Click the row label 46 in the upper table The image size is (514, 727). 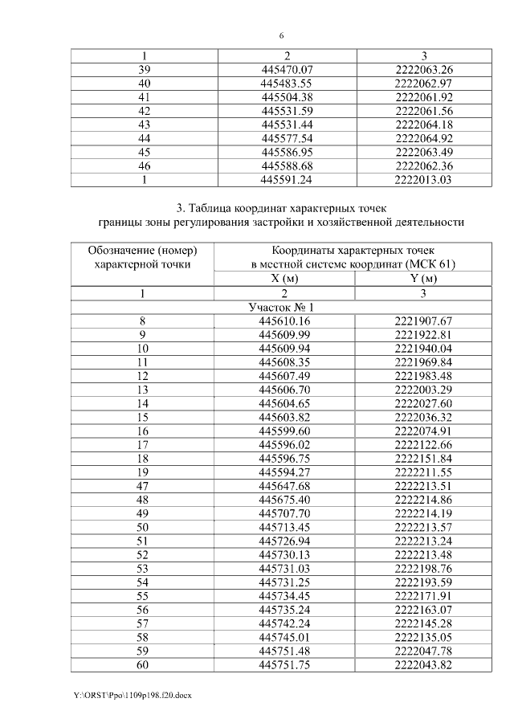coord(145,166)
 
